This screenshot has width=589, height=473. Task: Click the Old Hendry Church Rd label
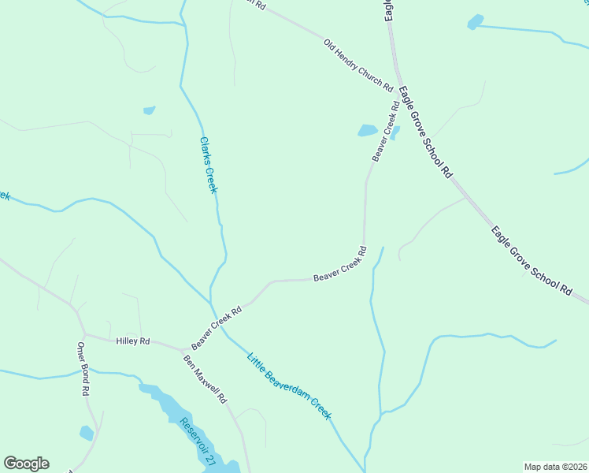pyautogui.click(x=358, y=62)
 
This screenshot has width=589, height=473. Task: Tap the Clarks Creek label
pyautogui.click(x=208, y=165)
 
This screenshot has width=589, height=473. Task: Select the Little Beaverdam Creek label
pyautogui.click(x=290, y=385)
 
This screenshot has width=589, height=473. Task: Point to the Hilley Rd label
pyautogui.click(x=132, y=341)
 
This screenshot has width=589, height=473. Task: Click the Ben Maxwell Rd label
pyautogui.click(x=205, y=378)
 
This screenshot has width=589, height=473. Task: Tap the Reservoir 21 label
pyautogui.click(x=196, y=441)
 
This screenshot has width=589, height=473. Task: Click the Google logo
pyautogui.click(x=26, y=464)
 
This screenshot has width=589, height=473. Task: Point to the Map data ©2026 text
pyautogui.click(x=555, y=467)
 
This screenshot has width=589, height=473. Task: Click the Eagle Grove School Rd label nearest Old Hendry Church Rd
pyautogui.click(x=425, y=131)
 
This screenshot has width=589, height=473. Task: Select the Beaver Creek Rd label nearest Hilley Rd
pyautogui.click(x=216, y=327)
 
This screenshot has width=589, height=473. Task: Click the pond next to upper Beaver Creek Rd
pyautogui.click(x=368, y=130)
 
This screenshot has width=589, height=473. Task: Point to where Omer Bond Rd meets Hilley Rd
pyautogui.click(x=84, y=334)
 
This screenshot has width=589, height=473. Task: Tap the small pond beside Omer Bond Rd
pyautogui.click(x=87, y=433)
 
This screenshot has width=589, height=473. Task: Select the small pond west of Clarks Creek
pyautogui.click(x=149, y=110)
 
